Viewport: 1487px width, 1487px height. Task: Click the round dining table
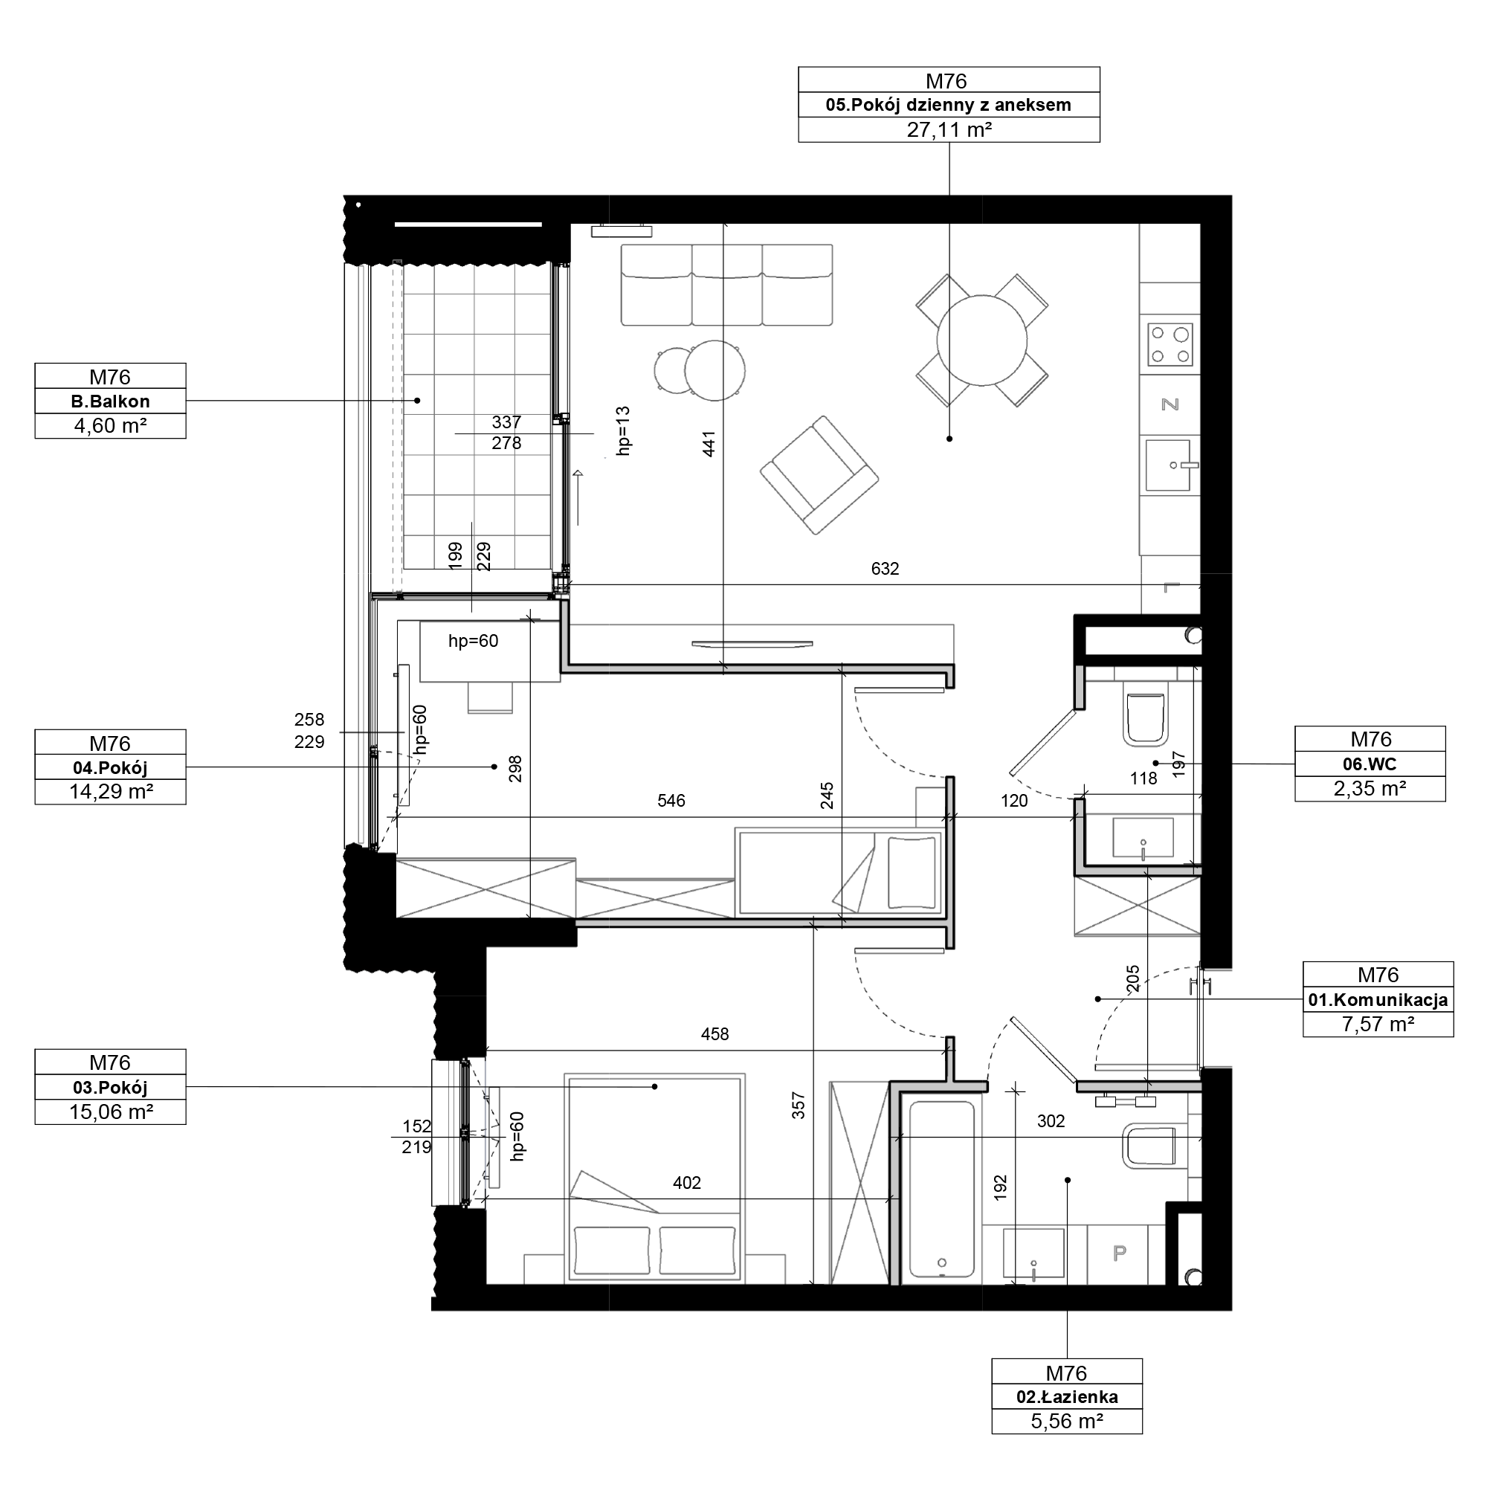981,341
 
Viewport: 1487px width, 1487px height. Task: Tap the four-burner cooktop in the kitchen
1170,344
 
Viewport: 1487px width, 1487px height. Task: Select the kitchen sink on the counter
1168,465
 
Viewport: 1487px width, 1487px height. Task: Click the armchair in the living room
819,475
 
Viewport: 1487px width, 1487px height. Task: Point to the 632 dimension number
884,569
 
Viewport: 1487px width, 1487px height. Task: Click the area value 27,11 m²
948,130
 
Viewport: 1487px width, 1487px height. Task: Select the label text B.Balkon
110,401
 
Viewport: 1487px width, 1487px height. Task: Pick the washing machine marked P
1118,1254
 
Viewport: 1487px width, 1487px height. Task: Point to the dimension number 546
671,801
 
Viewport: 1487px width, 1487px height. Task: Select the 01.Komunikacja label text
1378,1001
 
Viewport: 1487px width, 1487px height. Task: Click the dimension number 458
715,1034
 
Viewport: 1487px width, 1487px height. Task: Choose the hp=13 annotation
624,430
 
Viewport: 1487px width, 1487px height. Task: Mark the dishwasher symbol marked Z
1170,404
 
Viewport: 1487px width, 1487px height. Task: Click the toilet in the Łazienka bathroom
1151,1146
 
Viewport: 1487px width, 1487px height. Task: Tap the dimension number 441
709,444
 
